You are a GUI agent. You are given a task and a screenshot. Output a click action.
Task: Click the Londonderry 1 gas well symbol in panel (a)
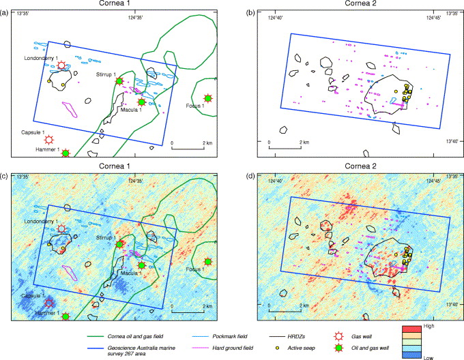point(62,65)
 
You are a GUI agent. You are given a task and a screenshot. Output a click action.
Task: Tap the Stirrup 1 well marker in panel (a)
point(120,81)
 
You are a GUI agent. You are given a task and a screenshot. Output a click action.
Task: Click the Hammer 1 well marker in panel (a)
point(66,153)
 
